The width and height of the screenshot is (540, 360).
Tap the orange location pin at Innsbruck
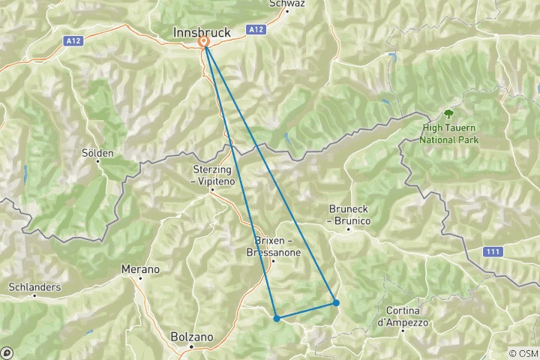click(203, 43)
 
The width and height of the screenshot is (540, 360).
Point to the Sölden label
click(97, 153)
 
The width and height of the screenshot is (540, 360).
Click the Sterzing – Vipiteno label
click(213, 175)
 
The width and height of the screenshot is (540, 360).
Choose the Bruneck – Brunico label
click(349, 214)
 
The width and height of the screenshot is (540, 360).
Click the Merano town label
click(141, 268)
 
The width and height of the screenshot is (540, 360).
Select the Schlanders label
click(34, 287)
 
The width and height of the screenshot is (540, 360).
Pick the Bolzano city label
click(193, 337)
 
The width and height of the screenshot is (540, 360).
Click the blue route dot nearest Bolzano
click(277, 319)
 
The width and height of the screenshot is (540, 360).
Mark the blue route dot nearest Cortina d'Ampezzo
click(336, 303)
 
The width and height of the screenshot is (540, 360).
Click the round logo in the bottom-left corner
click(7, 352)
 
